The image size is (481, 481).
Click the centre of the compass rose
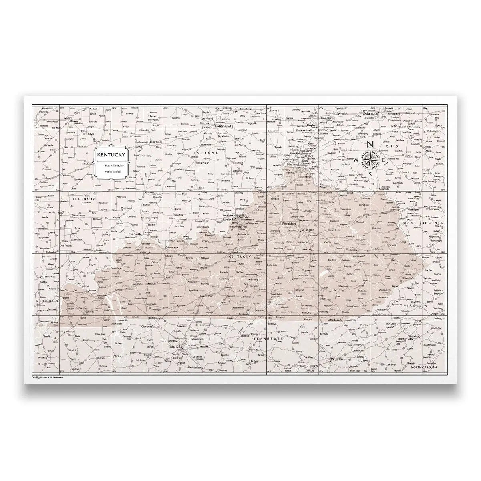pos(370,159)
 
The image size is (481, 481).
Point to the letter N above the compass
pos(370,145)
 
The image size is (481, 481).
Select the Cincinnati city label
pos(293,164)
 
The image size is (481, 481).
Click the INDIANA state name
pos(206,153)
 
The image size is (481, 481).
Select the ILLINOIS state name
pos(84,198)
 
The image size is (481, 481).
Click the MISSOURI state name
pos(47,301)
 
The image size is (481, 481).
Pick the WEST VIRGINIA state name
pos(428,222)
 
